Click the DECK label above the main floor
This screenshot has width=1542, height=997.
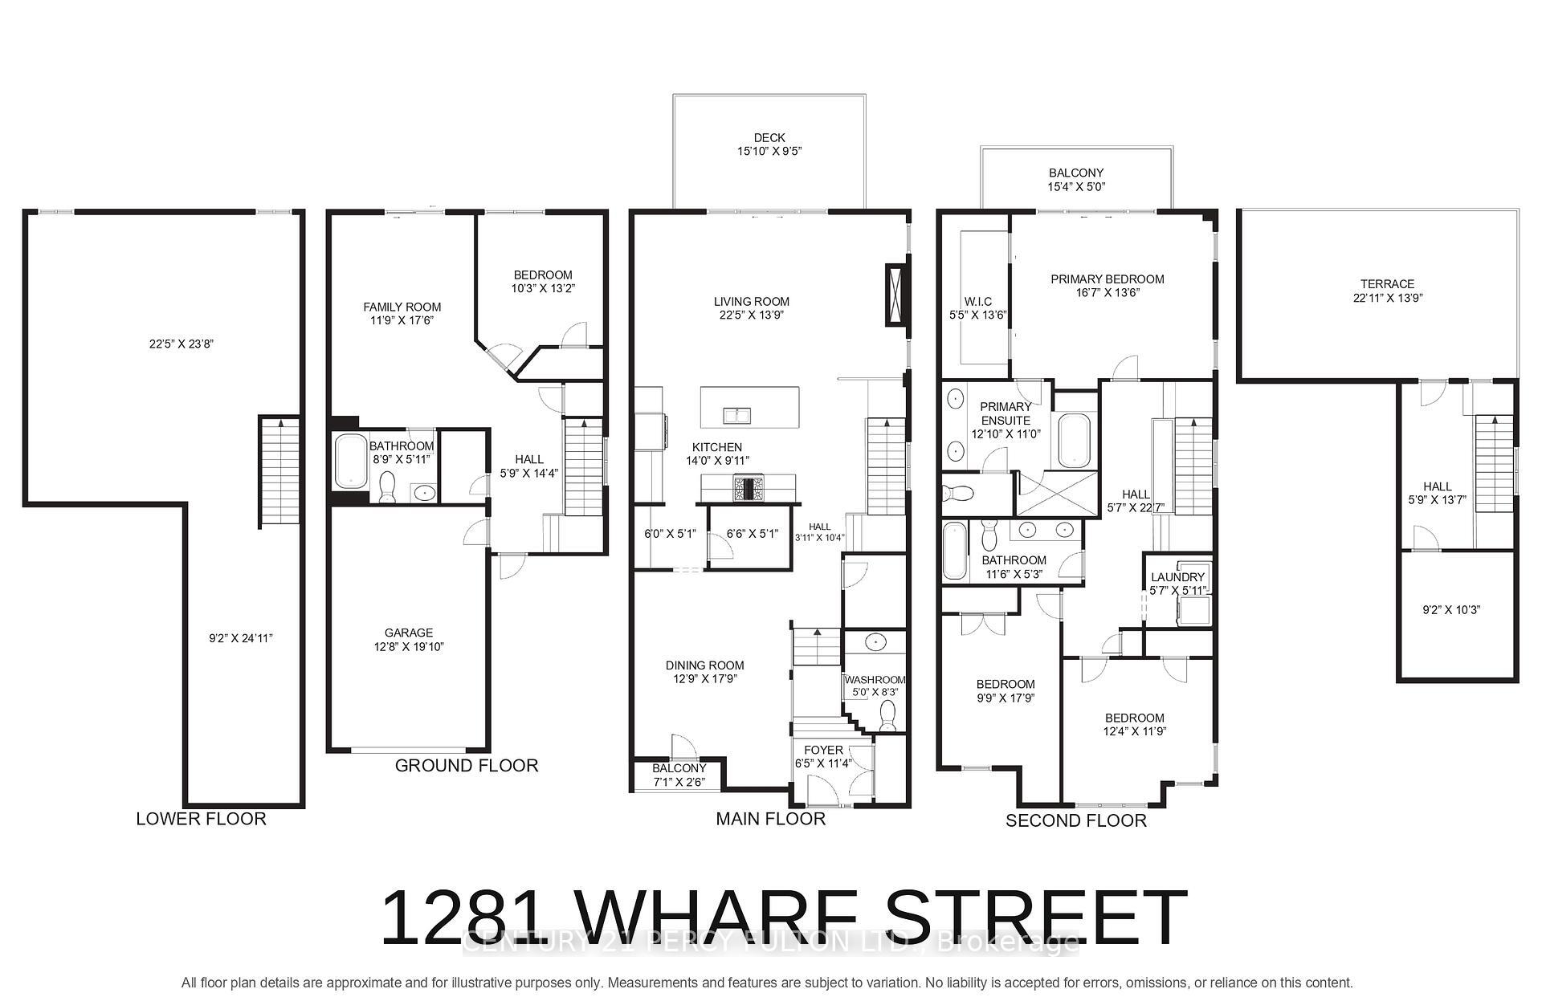point(769,138)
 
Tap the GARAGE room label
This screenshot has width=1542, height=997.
point(408,633)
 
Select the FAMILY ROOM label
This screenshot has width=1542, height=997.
point(402,307)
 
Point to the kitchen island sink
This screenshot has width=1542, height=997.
point(736,414)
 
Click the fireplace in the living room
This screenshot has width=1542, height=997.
point(895,294)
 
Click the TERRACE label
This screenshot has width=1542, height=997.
point(1387,284)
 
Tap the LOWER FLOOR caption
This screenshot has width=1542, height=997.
point(201,819)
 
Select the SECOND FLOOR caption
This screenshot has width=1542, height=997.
point(1076,820)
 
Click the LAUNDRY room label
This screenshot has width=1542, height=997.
point(1177,577)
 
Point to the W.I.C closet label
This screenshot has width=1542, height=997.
point(978,302)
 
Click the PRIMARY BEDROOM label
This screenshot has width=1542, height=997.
point(1108,279)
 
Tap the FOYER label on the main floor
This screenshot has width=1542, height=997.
point(823,751)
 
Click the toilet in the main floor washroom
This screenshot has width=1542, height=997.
point(887,714)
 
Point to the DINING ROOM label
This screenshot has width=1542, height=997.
point(704,665)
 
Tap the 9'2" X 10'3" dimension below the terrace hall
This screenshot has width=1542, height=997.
point(1450,610)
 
